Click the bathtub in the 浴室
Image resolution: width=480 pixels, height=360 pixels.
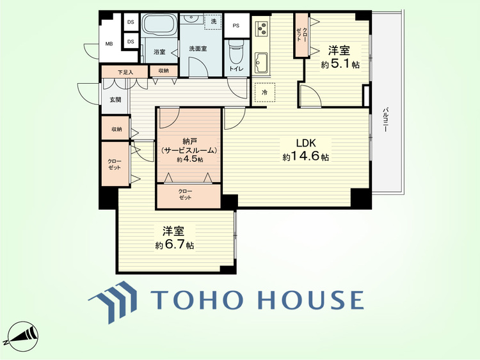click(160, 25)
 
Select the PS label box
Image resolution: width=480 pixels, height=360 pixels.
click(236, 26)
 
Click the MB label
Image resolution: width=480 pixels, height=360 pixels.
click(109, 43)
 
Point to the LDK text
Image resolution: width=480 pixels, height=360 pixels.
click(305, 143)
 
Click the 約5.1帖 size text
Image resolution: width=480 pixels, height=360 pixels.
click(340, 65)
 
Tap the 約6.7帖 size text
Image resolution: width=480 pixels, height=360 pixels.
click(174, 245)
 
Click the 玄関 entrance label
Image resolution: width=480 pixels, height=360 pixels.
click(115, 100)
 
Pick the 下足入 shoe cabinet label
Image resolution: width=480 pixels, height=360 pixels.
click(125, 72)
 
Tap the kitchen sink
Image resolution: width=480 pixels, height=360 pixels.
click(261, 63)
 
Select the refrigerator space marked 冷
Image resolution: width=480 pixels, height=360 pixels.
click(265, 92)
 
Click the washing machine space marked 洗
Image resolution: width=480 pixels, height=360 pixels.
click(213, 21)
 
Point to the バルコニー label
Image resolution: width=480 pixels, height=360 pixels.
click(386, 120)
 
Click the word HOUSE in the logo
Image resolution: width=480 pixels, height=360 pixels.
click(311, 299)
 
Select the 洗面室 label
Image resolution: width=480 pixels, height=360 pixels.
click(198, 49)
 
